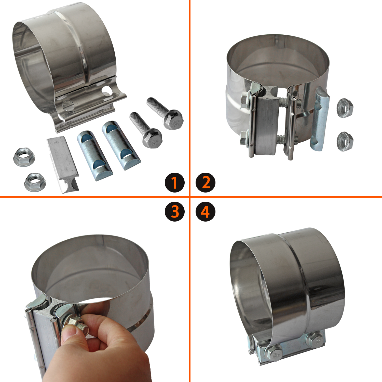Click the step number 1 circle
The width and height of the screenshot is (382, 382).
tap(174, 182)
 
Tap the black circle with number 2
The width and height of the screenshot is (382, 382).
tap(205, 182)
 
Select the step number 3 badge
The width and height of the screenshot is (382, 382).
tap(174, 212)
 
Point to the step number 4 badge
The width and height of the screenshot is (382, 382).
tap(205, 212)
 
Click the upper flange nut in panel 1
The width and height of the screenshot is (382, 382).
tap(24, 157)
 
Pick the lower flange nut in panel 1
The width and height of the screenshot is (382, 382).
tap(35, 182)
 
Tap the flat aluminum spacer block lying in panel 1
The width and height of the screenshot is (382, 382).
tap(63, 164)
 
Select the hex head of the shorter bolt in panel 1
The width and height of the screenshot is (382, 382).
tap(152, 138)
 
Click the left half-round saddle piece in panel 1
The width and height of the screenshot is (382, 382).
tap(95, 155)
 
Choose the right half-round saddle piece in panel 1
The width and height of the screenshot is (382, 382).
tap(121, 145)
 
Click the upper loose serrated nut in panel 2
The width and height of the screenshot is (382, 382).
tap(345, 108)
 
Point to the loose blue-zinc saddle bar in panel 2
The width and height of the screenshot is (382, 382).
tap(320, 118)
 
